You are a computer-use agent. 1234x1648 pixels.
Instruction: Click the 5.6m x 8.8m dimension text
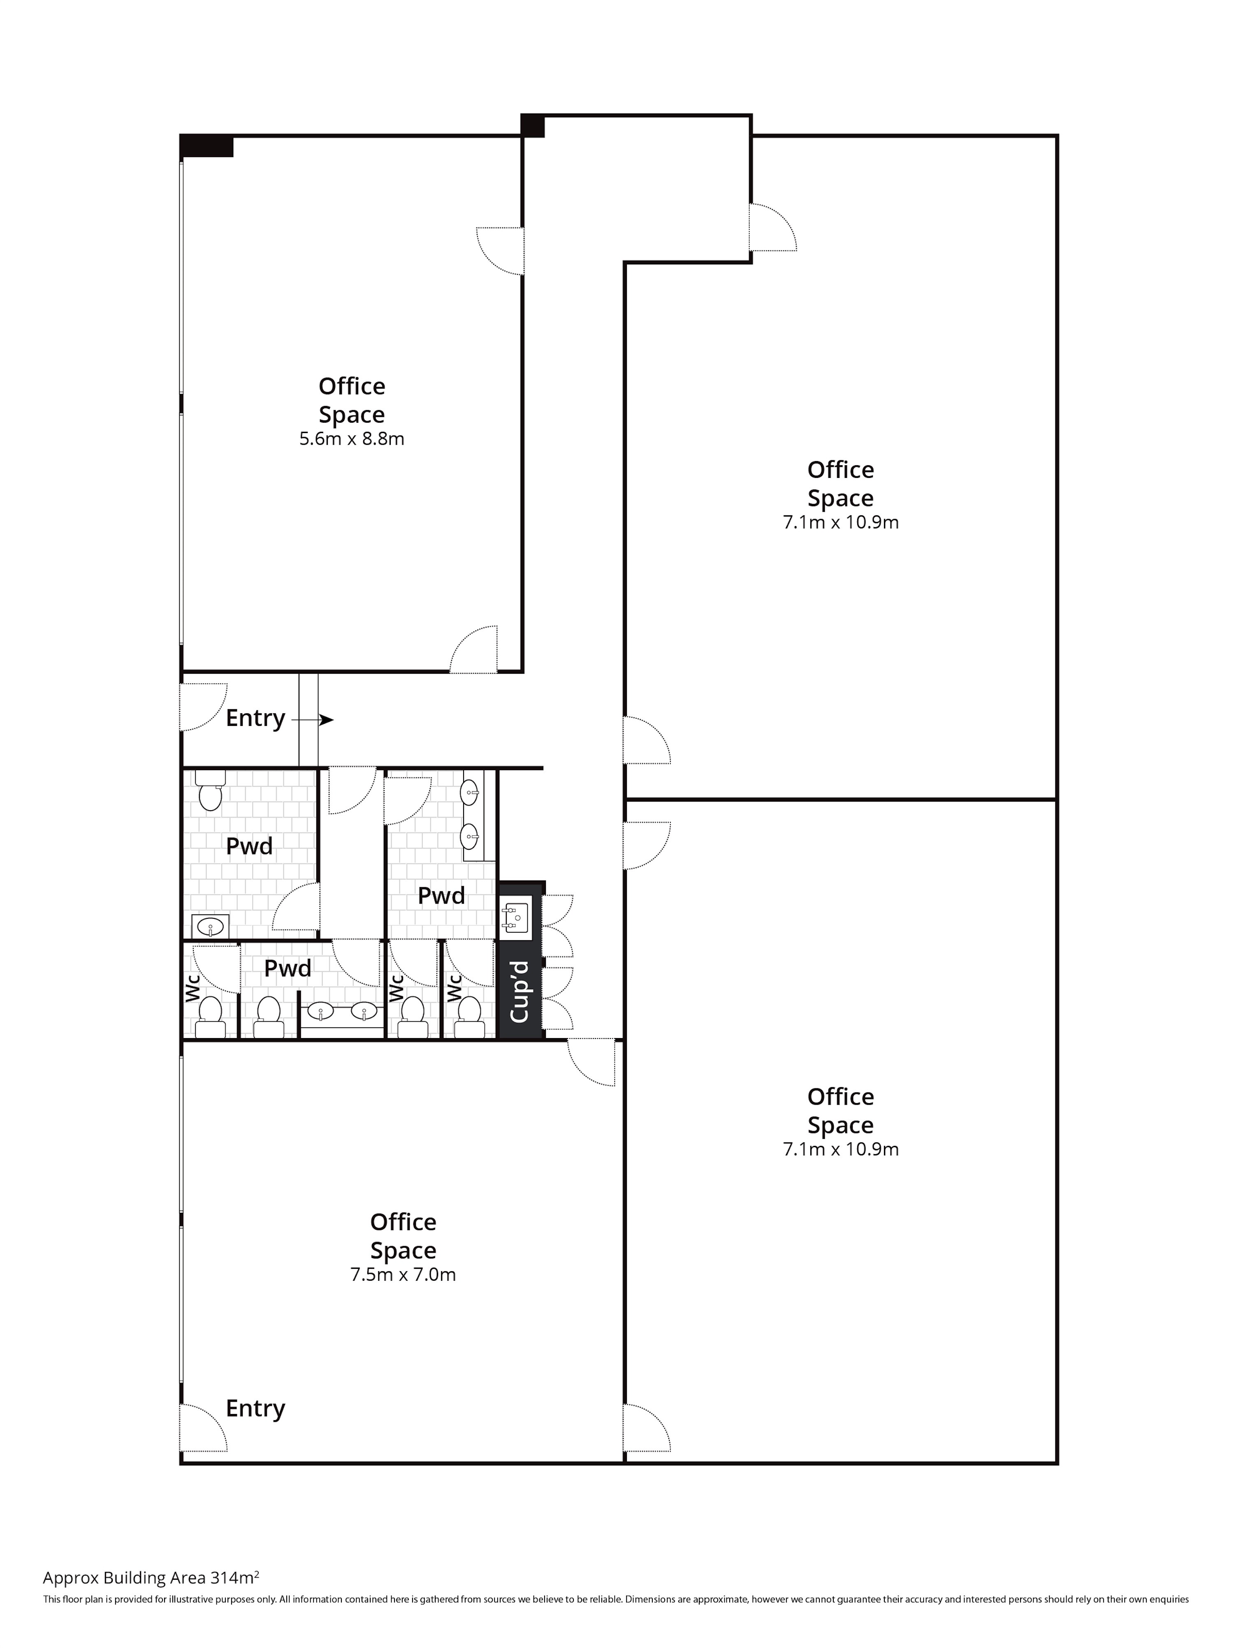[x=352, y=439]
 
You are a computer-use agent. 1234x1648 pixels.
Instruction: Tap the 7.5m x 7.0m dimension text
[x=403, y=1275]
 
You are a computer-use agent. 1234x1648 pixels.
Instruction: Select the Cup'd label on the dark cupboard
[x=520, y=992]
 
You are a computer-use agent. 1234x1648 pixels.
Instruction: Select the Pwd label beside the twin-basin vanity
[x=441, y=895]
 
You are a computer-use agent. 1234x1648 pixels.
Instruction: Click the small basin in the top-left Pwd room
[x=210, y=927]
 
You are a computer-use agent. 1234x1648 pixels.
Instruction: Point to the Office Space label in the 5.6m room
[x=352, y=400]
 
